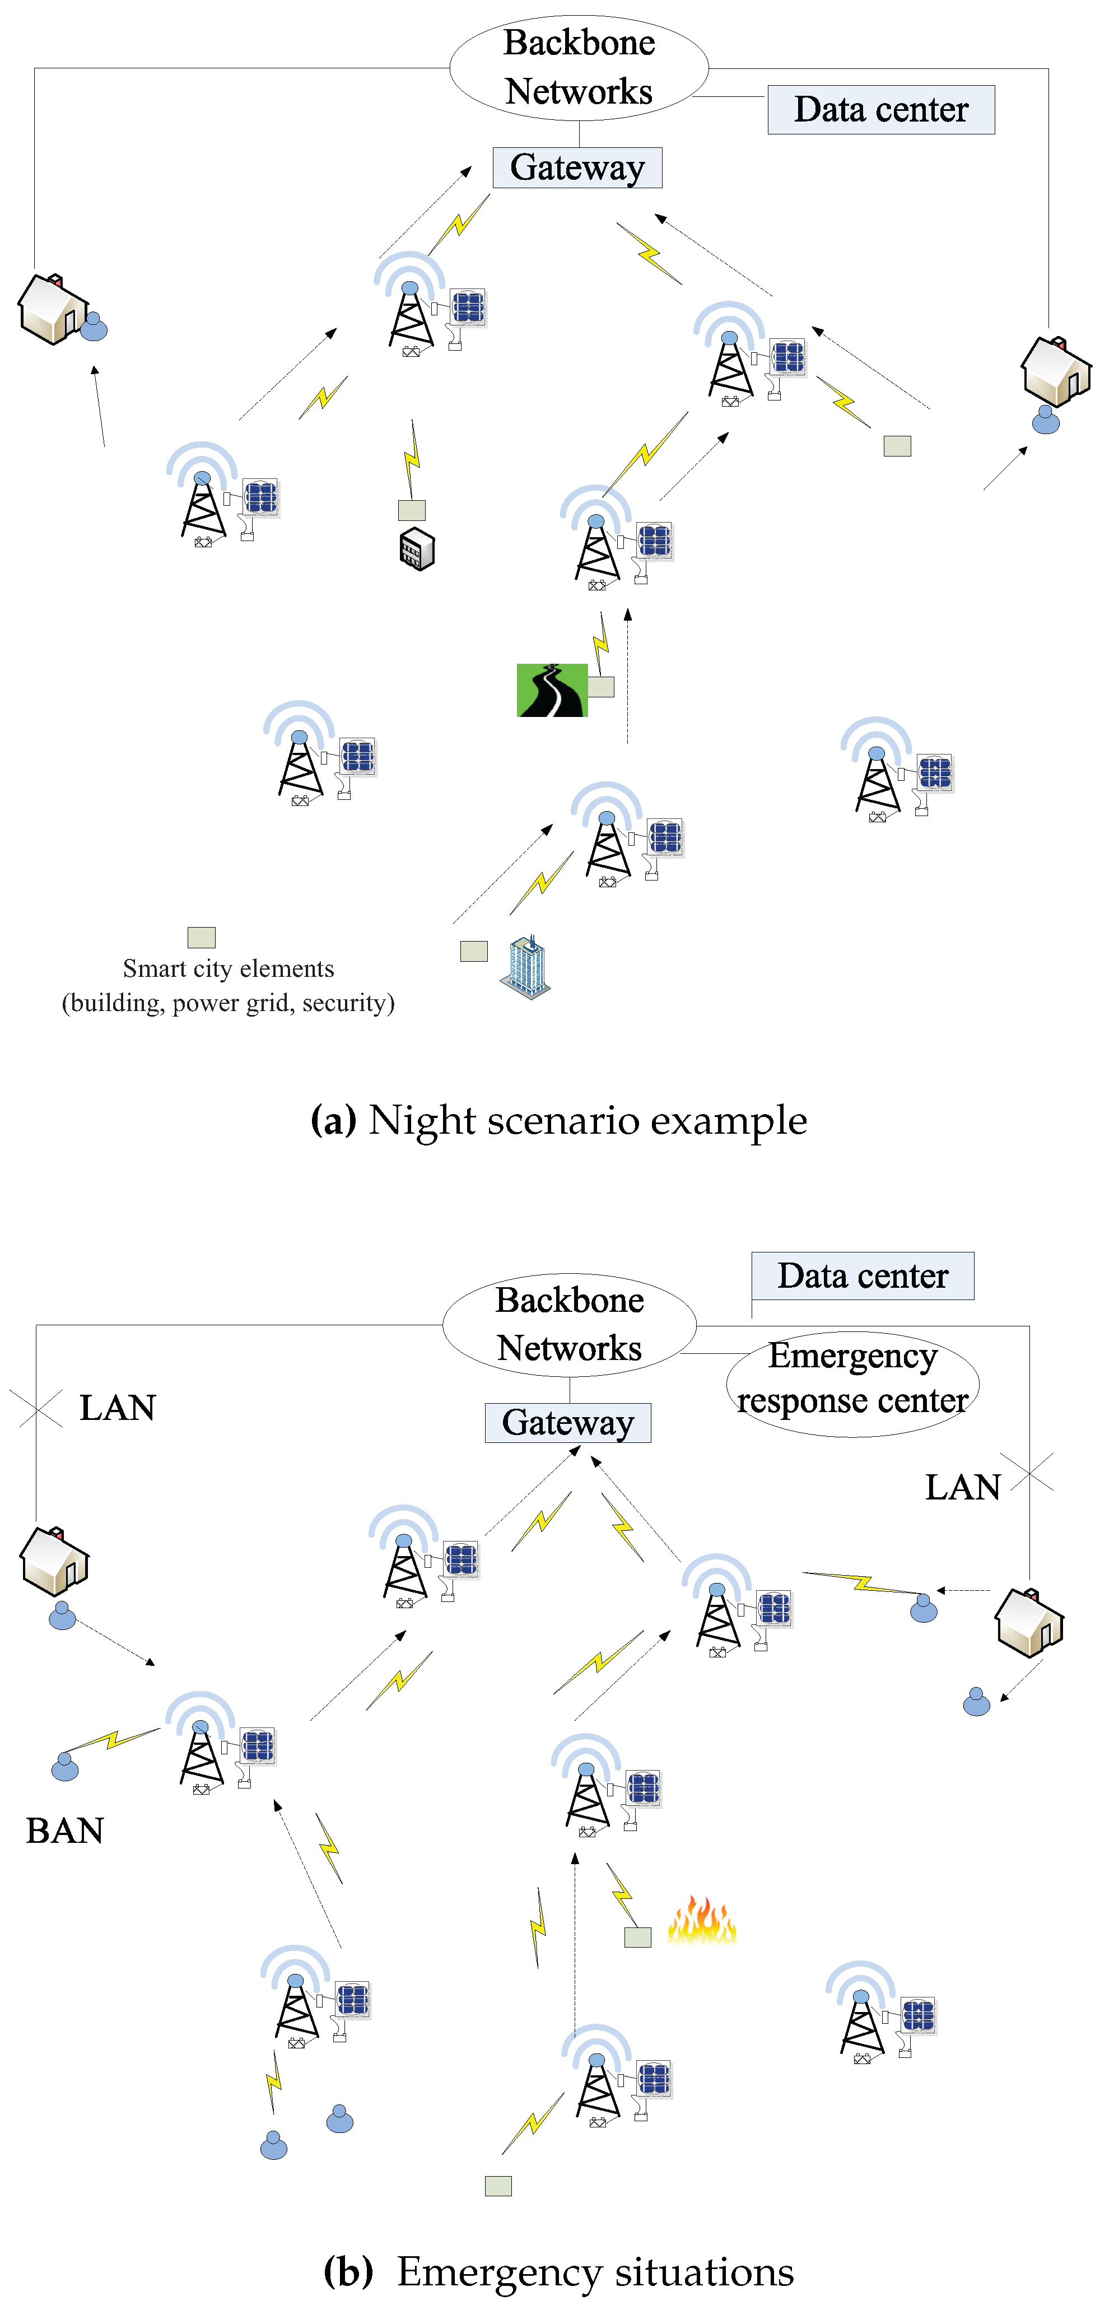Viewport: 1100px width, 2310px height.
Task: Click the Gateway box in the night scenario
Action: click(577, 167)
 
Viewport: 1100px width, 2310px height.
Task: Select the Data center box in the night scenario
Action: click(880, 109)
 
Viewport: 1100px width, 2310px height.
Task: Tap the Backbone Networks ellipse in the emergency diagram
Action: click(569, 1325)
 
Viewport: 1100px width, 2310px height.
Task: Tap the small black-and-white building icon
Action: click(417, 549)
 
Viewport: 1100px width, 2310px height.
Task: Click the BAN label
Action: click(64, 1831)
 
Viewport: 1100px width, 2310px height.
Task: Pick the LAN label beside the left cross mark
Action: click(118, 1408)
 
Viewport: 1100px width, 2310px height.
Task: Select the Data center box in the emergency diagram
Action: click(863, 1275)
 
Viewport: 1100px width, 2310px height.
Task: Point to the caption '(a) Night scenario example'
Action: click(558, 1120)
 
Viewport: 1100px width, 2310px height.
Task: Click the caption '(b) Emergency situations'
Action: click(558, 2271)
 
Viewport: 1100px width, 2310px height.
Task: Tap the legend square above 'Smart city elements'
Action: click(202, 937)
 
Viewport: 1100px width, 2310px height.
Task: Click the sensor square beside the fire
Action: click(637, 1937)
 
